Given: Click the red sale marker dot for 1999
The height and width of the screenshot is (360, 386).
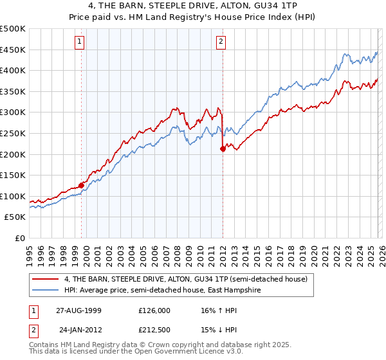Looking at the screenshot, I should pos(82,185).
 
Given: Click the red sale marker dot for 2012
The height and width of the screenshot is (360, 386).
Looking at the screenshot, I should pos(223,148).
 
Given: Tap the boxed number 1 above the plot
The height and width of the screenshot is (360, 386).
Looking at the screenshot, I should pos(79,42).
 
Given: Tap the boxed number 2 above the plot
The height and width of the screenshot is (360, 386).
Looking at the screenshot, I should pos(221,42).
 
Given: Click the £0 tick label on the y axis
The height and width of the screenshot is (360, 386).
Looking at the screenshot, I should pos(21,238).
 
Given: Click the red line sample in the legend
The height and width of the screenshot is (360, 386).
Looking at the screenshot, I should pos(46,279).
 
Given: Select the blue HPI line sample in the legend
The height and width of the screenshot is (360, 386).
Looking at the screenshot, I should pos(46,290).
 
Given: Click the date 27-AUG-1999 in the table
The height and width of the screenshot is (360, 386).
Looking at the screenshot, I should pos(77,310).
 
